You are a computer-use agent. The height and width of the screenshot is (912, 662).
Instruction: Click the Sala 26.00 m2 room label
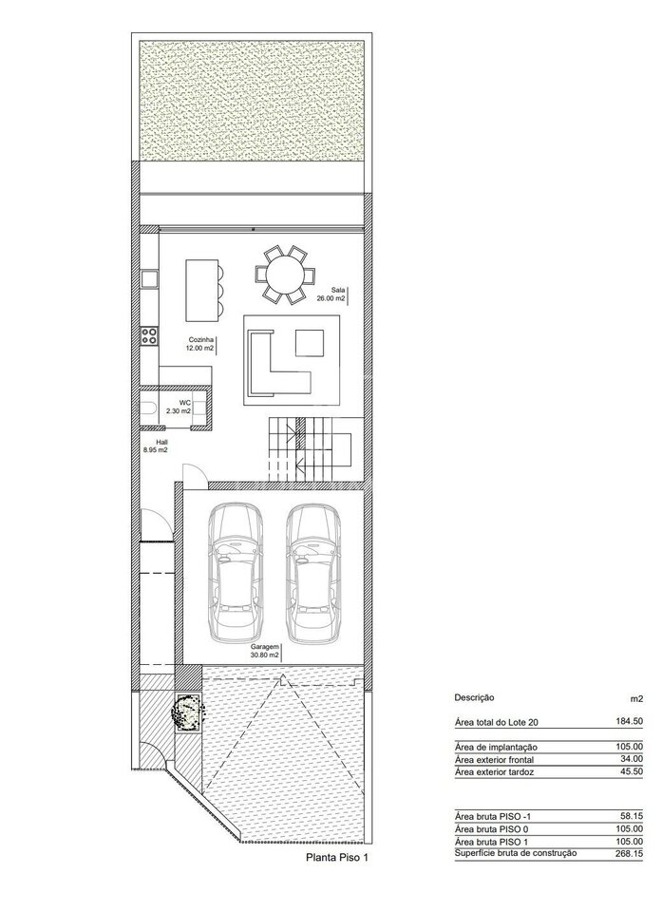click(338, 294)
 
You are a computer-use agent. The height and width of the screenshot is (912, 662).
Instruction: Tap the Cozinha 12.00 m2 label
click(199, 344)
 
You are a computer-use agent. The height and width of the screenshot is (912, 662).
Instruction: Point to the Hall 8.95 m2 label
click(156, 445)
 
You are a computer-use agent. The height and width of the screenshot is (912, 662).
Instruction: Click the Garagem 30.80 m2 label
click(265, 651)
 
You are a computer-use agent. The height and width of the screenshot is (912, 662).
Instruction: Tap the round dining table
click(285, 275)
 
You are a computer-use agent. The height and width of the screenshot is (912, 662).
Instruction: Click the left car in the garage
click(235, 574)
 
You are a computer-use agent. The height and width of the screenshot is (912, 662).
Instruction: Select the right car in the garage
click(313, 574)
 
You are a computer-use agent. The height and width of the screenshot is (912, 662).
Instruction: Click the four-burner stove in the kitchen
click(149, 335)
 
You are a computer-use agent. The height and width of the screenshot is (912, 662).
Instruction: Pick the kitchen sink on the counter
click(150, 279)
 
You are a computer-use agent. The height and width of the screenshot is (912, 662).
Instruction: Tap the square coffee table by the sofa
click(310, 342)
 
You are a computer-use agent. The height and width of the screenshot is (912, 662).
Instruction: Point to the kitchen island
click(202, 291)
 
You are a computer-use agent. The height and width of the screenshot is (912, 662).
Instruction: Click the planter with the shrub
click(188, 713)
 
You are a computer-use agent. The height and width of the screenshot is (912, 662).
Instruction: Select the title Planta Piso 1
click(337, 857)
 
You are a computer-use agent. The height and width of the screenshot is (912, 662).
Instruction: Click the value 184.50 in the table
click(630, 721)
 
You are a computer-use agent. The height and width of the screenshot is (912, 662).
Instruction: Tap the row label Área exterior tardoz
click(495, 772)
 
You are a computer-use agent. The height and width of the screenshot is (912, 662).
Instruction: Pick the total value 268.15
click(630, 855)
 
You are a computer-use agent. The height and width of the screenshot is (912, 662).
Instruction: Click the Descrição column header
click(474, 697)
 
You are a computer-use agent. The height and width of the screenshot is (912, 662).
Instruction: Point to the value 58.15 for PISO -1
click(632, 817)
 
